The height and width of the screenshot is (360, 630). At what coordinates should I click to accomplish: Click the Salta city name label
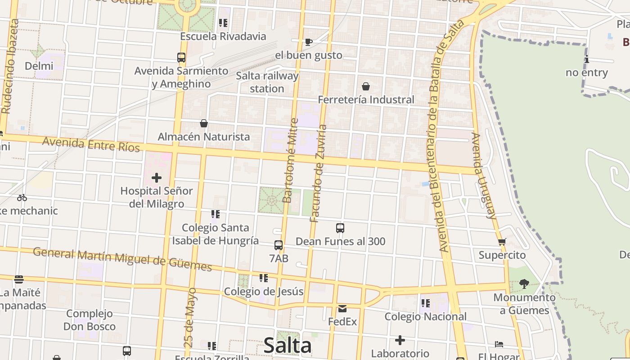pyautogui.click(x=287, y=346)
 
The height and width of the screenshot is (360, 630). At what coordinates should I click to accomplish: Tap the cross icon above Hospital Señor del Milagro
pyautogui.click(x=157, y=178)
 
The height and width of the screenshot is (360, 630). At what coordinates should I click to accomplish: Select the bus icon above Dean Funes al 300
pyautogui.click(x=340, y=228)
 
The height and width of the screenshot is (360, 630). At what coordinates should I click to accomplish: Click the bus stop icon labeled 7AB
pyautogui.click(x=279, y=245)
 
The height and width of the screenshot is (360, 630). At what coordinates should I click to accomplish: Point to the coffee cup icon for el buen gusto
pyautogui.click(x=308, y=42)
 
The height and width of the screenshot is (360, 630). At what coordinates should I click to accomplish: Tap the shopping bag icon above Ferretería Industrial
pyautogui.click(x=366, y=86)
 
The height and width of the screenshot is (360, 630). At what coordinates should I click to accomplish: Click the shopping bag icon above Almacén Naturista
pyautogui.click(x=204, y=123)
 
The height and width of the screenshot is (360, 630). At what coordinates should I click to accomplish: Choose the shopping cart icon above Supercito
pyautogui.click(x=502, y=242)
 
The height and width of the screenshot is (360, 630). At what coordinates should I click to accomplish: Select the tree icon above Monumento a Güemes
pyautogui.click(x=524, y=284)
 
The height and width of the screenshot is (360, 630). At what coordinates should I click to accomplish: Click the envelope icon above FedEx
pyautogui.click(x=342, y=309)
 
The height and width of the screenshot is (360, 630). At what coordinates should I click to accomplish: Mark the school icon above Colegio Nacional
pyautogui.click(x=425, y=303)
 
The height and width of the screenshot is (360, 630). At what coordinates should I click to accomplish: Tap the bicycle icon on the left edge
pyautogui.click(x=22, y=198)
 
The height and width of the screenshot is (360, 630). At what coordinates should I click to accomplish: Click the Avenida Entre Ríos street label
pyautogui.click(x=91, y=144)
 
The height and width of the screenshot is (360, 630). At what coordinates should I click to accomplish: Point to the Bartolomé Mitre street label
pyautogui.click(x=290, y=160)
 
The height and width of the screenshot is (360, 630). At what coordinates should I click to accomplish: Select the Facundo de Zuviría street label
pyautogui.click(x=318, y=173)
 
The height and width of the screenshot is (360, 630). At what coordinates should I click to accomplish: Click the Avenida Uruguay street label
pyautogui.click(x=484, y=175)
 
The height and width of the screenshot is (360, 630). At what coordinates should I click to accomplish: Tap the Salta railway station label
pyautogui.click(x=267, y=82)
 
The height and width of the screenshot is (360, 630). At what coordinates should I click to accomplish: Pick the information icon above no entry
pyautogui.click(x=586, y=59)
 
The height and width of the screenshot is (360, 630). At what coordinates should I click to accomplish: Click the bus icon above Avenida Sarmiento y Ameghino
pyautogui.click(x=181, y=58)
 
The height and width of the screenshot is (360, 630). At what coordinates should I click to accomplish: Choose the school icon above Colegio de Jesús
pyautogui.click(x=264, y=278)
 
